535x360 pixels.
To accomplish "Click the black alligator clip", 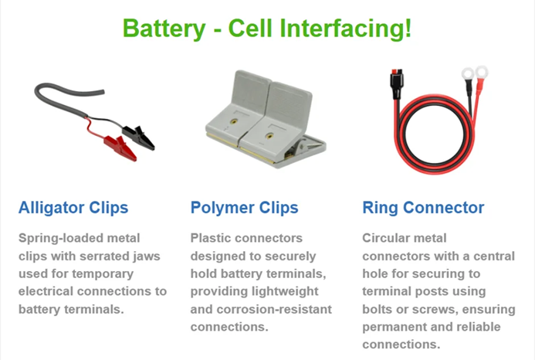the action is [138, 137].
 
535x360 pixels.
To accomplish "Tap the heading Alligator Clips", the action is [73, 208].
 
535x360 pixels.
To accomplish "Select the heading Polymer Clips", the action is [244, 208].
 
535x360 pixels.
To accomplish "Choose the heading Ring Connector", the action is [423, 208].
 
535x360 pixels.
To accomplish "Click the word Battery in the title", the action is [164, 29].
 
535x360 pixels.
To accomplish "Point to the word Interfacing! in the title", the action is [346, 28].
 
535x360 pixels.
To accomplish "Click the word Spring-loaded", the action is [61, 239].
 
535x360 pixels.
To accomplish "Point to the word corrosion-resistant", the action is [274, 309].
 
